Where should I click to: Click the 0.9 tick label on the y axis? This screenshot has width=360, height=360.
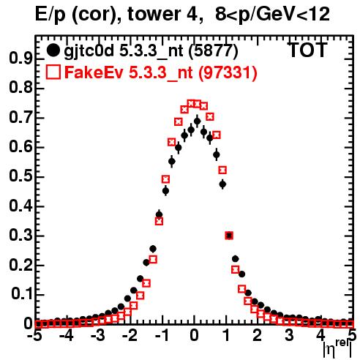tap(20, 59)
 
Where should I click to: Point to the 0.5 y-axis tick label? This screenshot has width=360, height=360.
tap(20, 176)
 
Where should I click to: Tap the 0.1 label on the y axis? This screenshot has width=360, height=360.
tap(22, 294)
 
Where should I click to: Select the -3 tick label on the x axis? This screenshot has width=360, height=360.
tap(98, 335)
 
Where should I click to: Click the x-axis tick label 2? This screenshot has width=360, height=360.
tap(258, 335)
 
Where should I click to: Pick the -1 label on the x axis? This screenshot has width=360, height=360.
tap(162, 335)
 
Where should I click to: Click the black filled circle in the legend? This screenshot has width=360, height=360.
tap(53, 50)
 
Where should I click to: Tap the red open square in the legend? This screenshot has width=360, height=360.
tap(53, 72)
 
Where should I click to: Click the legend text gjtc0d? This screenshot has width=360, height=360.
tap(89, 52)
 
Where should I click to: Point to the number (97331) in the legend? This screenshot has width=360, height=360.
tap(228, 72)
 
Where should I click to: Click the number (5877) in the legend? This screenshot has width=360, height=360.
tap(213, 51)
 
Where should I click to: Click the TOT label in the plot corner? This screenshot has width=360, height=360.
tap(308, 50)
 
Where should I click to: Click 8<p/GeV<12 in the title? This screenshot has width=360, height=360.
tap(272, 15)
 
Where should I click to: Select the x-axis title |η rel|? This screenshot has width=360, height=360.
tap(337, 349)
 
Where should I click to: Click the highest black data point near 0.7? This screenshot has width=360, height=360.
tap(197, 121)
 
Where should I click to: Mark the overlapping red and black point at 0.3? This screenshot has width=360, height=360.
tap(229, 236)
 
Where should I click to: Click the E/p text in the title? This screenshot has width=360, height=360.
tap(50, 15)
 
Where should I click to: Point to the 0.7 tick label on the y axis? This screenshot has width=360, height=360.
tap(20, 118)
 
